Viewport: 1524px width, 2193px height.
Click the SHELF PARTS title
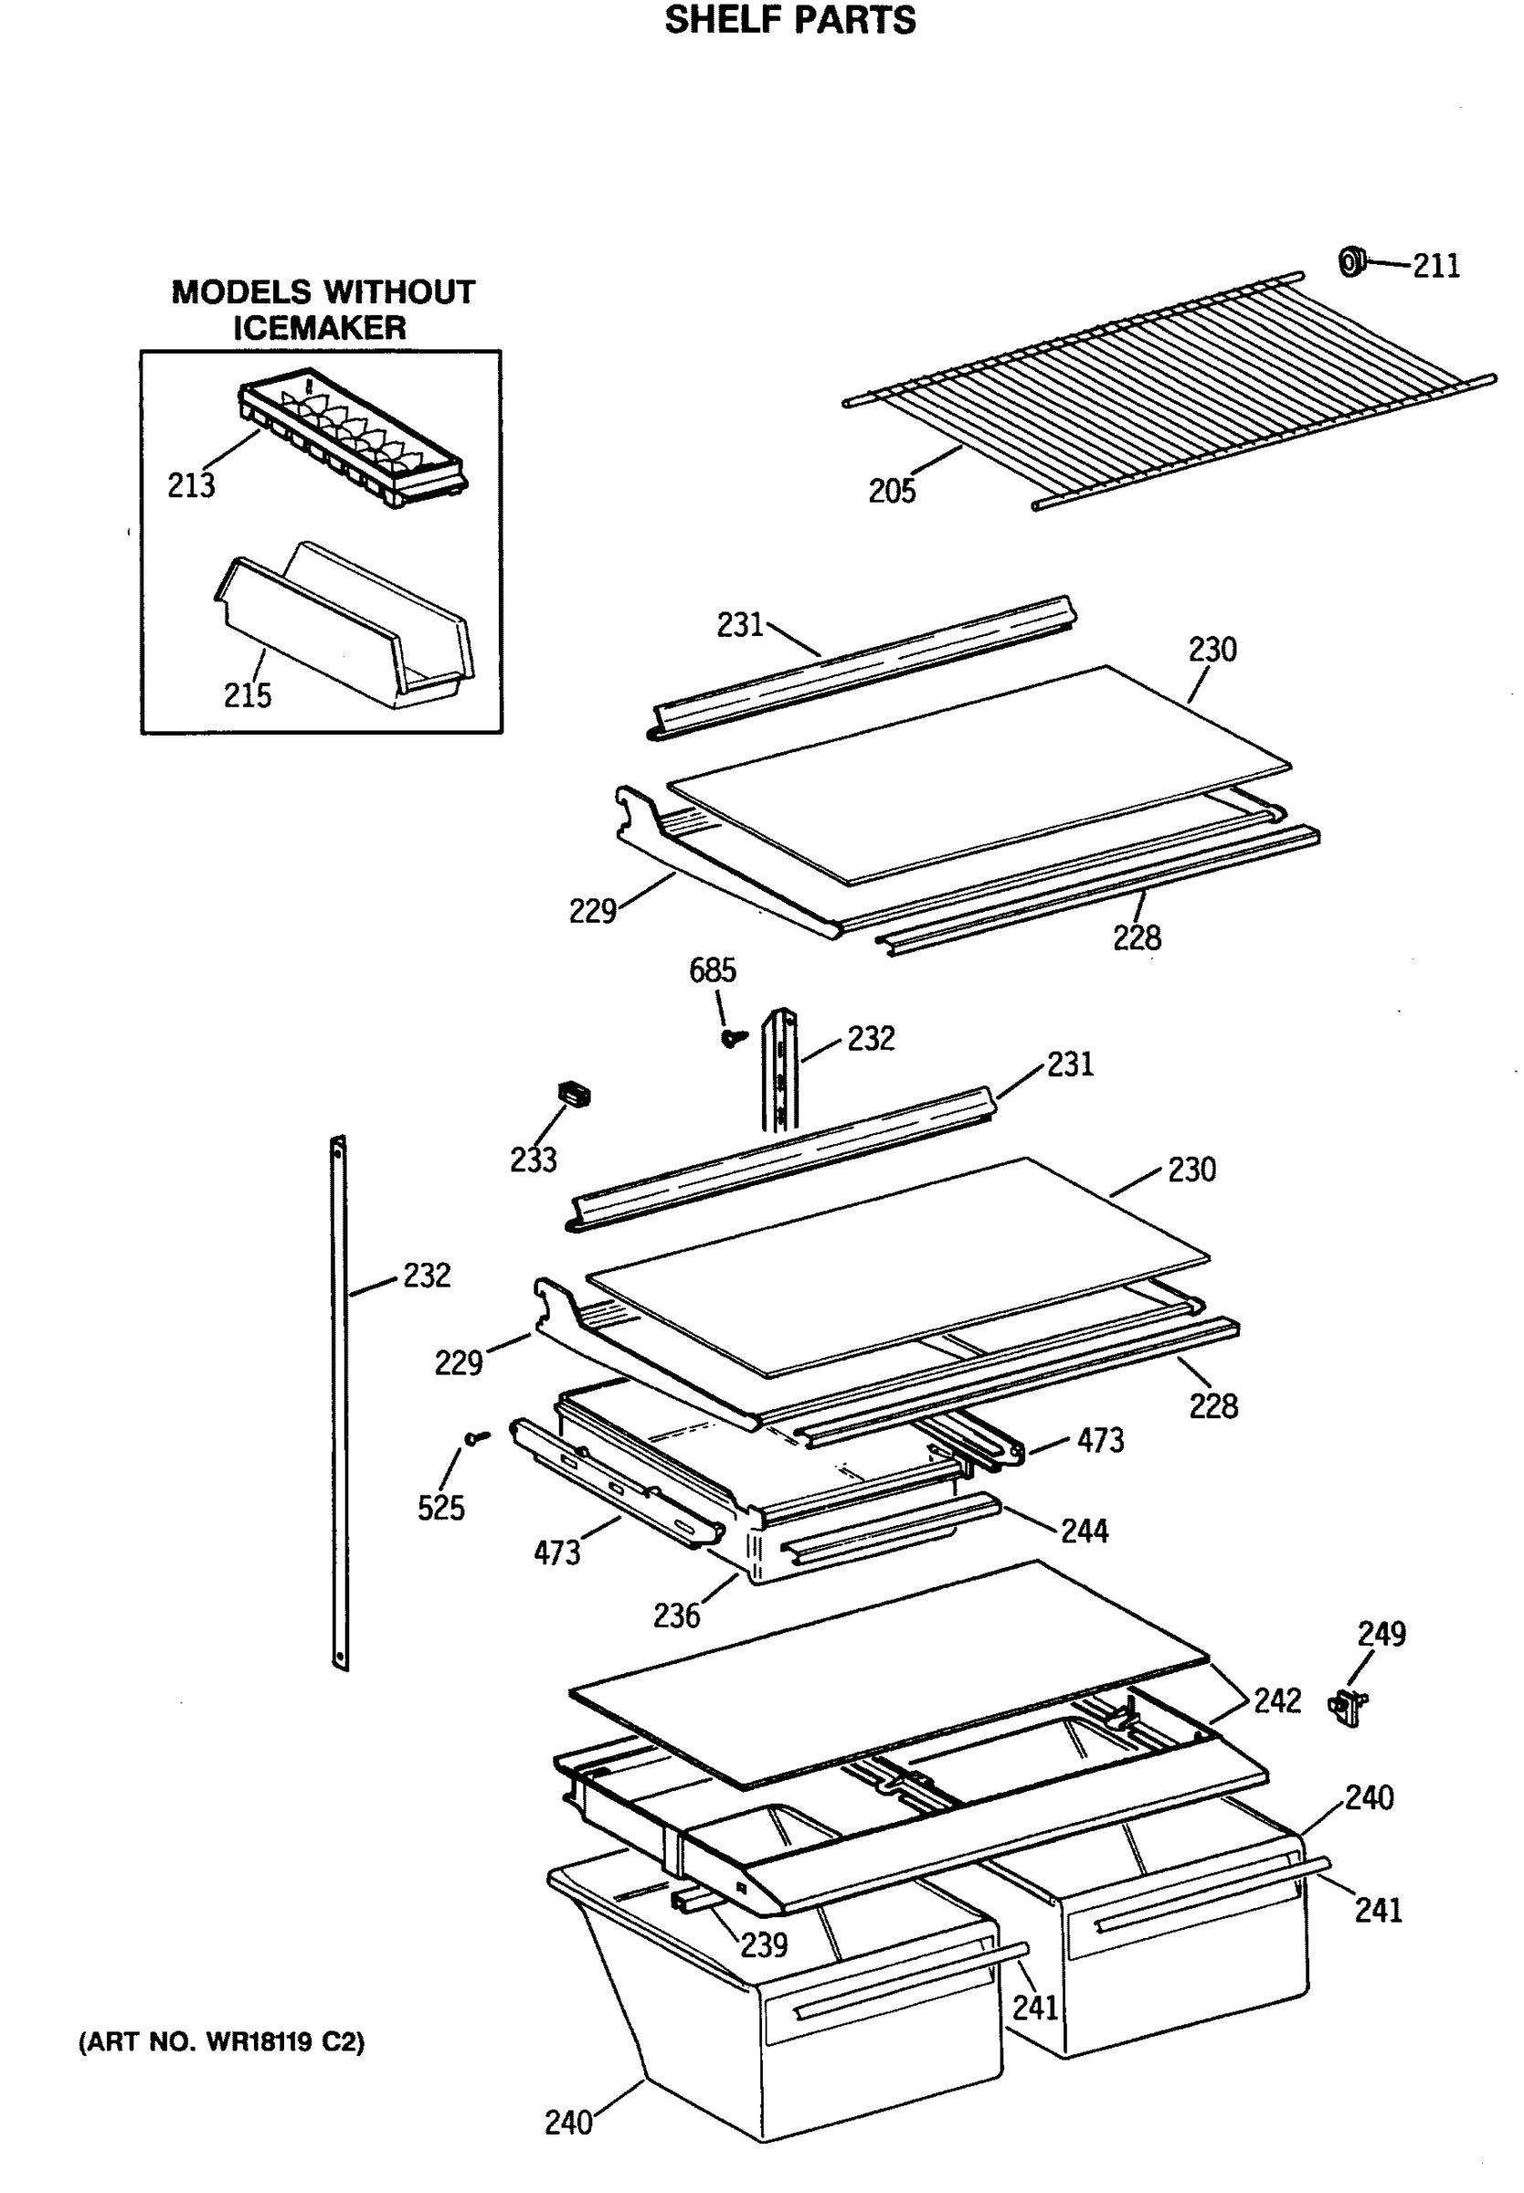click(789, 20)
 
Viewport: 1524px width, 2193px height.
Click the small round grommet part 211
click(1351, 260)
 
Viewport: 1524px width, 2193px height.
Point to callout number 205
click(891, 491)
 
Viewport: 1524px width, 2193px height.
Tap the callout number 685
click(713, 970)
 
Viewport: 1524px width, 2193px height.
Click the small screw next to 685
click(734, 1036)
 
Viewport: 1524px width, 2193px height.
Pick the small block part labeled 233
click(573, 1094)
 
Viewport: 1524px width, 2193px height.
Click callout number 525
click(440, 1508)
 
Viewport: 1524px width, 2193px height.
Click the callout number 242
click(1276, 1700)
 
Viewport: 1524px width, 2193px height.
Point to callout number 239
click(764, 1944)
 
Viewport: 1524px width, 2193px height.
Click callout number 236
click(676, 1616)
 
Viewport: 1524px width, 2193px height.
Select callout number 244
click(1084, 1531)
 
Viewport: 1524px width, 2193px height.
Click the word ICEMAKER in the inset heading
click(320, 327)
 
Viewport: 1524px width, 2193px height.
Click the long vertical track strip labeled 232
click(339, 1404)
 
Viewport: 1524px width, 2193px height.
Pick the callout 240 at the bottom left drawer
click(568, 2123)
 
